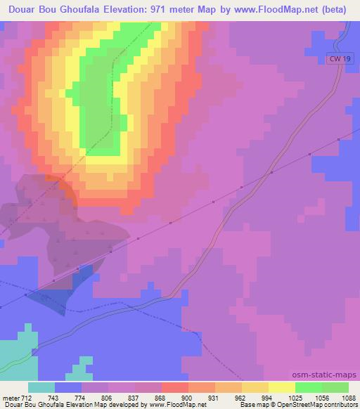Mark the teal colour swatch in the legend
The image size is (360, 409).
pyautogui.click(x=41, y=387)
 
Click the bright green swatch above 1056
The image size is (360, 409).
pyautogui.click(x=309, y=387)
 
